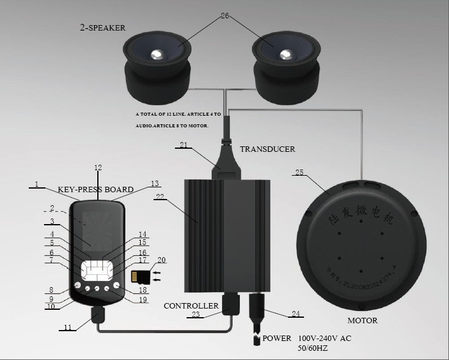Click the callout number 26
pyautogui.click(x=224, y=16)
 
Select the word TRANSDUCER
pyautogui.click(x=267, y=149)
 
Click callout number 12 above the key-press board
pyautogui.click(x=98, y=167)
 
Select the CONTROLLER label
pyautogui.click(x=191, y=305)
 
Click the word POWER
pyautogui.click(x=278, y=337)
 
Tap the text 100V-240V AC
pyautogui.click(x=324, y=338)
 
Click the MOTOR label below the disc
pyautogui.click(x=362, y=320)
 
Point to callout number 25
pyautogui.click(x=299, y=173)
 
